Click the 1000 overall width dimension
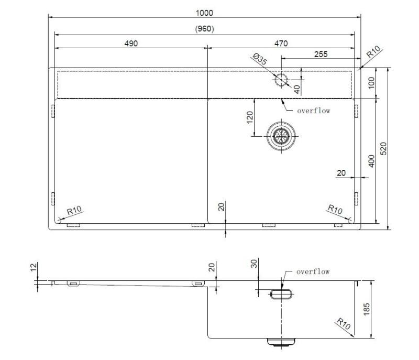coord(204,13)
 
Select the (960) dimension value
coord(204,29)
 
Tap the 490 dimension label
coord(131,43)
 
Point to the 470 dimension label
coord(281,43)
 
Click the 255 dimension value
coord(321,53)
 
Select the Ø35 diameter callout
coord(260,59)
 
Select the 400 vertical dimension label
coord(371,161)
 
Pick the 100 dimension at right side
coord(371,83)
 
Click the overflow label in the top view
coord(313,111)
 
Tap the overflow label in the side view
coord(313,271)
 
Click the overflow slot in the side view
coord(281,295)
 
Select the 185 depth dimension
coord(367,309)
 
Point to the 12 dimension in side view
coord(34,268)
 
